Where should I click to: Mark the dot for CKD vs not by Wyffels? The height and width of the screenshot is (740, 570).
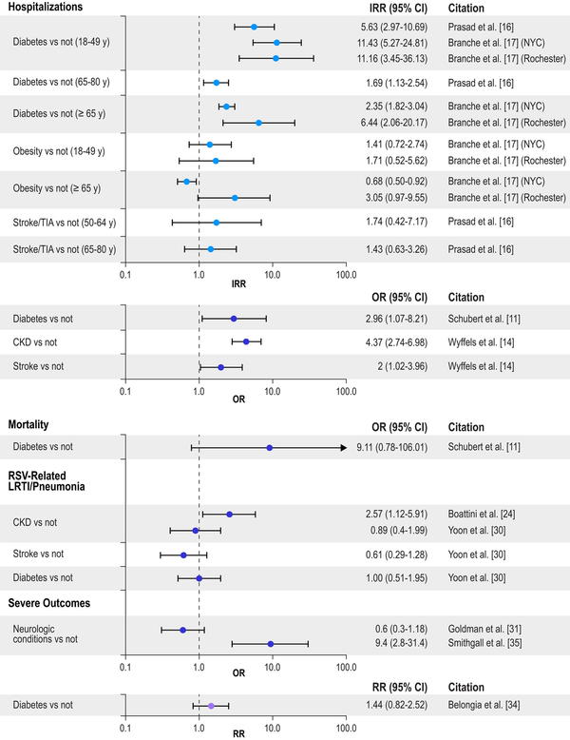coord(246,341)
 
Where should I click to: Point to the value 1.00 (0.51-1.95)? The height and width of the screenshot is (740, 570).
coord(390,578)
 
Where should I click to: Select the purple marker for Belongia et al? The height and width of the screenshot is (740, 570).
coord(211,706)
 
